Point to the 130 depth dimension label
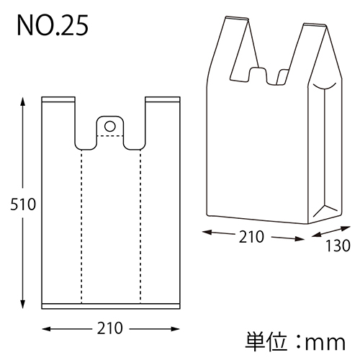point(336,246)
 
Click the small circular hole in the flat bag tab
point(110,127)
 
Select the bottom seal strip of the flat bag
point(110,305)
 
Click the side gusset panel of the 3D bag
point(325,151)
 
